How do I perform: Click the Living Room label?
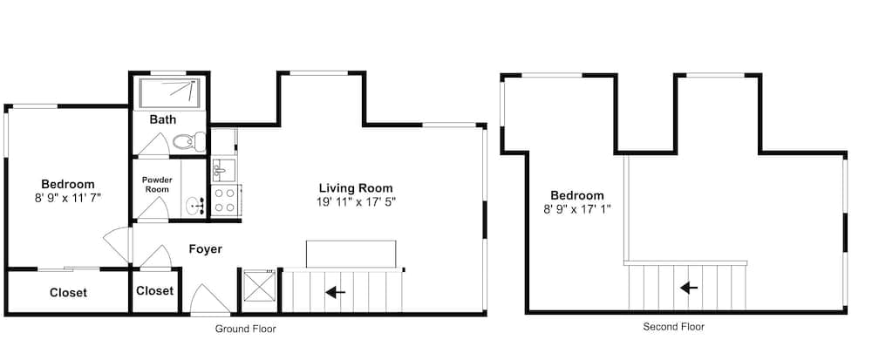click(x=356, y=187)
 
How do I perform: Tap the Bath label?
click(x=162, y=119)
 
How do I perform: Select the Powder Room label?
click(x=157, y=185)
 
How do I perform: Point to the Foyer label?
click(x=205, y=249)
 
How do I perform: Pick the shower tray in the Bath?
click(x=169, y=92)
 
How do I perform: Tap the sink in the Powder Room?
click(x=195, y=206)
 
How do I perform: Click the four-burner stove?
click(x=225, y=200)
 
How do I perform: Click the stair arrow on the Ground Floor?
click(x=336, y=292)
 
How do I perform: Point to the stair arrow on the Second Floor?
click(x=689, y=288)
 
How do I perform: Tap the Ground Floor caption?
click(x=245, y=329)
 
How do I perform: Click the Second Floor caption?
click(x=673, y=327)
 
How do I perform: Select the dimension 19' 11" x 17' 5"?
click(x=356, y=201)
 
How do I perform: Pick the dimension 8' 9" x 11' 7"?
click(x=68, y=197)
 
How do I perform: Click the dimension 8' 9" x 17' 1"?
click(x=576, y=209)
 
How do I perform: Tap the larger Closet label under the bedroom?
click(x=68, y=293)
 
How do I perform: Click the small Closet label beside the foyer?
click(x=154, y=291)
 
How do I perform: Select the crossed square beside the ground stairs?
click(x=256, y=284)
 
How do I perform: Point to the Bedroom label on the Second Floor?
click(x=576, y=195)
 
